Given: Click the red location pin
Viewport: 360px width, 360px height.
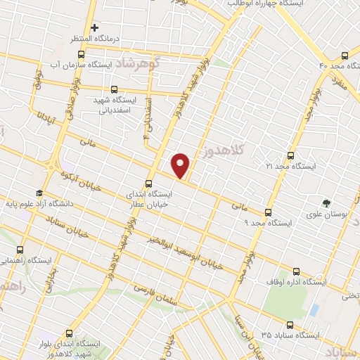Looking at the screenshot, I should point(181,165).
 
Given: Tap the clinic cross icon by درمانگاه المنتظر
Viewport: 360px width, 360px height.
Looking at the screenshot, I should point(94,27).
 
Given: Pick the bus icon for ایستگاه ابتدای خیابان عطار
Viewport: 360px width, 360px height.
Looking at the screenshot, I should point(148,183).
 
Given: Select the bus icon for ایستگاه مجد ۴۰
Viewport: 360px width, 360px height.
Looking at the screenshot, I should point(344,55).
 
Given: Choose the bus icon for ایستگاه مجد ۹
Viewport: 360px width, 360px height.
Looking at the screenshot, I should point(268,212).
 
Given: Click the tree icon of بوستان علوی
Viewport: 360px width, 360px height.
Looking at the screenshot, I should point(326,203).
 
